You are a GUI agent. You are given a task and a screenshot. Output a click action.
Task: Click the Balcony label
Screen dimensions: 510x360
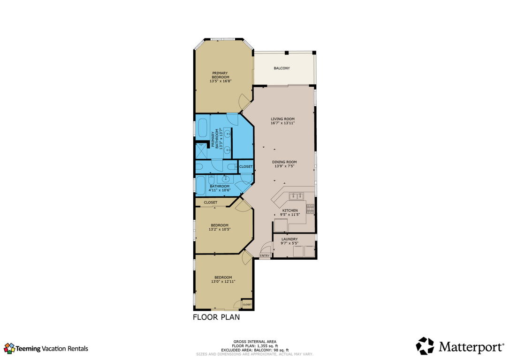pyautogui.click(x=282, y=68)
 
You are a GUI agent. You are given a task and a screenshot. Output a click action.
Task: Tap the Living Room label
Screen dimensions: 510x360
pyautogui.click(x=282, y=119)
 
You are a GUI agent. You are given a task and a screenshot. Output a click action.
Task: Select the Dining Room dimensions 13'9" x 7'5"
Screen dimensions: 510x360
pyautogui.click(x=284, y=166)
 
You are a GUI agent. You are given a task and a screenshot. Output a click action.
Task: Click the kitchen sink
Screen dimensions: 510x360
pyautogui.click(x=297, y=196)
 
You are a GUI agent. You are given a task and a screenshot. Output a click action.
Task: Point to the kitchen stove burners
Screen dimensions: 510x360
pyautogui.click(x=310, y=209)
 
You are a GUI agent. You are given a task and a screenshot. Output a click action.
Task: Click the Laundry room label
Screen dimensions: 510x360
pyautogui.click(x=289, y=239)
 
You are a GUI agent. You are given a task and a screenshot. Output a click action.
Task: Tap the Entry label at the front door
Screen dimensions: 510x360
pyautogui.click(x=265, y=256)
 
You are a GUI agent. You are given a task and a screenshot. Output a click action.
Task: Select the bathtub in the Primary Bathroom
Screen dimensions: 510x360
pyautogui.click(x=203, y=128)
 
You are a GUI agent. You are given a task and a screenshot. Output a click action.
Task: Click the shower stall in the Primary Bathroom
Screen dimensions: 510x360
pyautogui.click(x=201, y=151)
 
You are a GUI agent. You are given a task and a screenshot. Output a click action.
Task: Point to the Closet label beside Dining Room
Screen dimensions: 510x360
pyautogui.click(x=246, y=167)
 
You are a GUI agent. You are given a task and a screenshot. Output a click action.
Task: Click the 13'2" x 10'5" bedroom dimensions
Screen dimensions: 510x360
pyautogui.click(x=220, y=229)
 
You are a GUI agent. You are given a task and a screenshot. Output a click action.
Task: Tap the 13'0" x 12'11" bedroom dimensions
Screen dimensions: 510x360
pyautogui.click(x=223, y=281)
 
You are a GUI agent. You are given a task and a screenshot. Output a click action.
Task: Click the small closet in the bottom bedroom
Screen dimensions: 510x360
pyautogui.click(x=247, y=304)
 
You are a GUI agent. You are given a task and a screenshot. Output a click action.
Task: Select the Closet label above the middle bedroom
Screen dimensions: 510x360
pyautogui.click(x=211, y=202)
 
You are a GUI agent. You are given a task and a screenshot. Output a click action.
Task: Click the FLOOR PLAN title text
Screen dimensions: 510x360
pyautogui.click(x=216, y=317)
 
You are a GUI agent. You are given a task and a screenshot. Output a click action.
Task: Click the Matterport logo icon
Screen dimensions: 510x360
pyautogui.click(x=425, y=346)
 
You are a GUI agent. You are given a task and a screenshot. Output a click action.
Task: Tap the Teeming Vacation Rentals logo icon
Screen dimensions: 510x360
pyautogui.click(x=9, y=348)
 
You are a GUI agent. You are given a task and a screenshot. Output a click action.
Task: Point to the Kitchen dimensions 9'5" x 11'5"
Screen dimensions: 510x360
pyautogui.click(x=290, y=214)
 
